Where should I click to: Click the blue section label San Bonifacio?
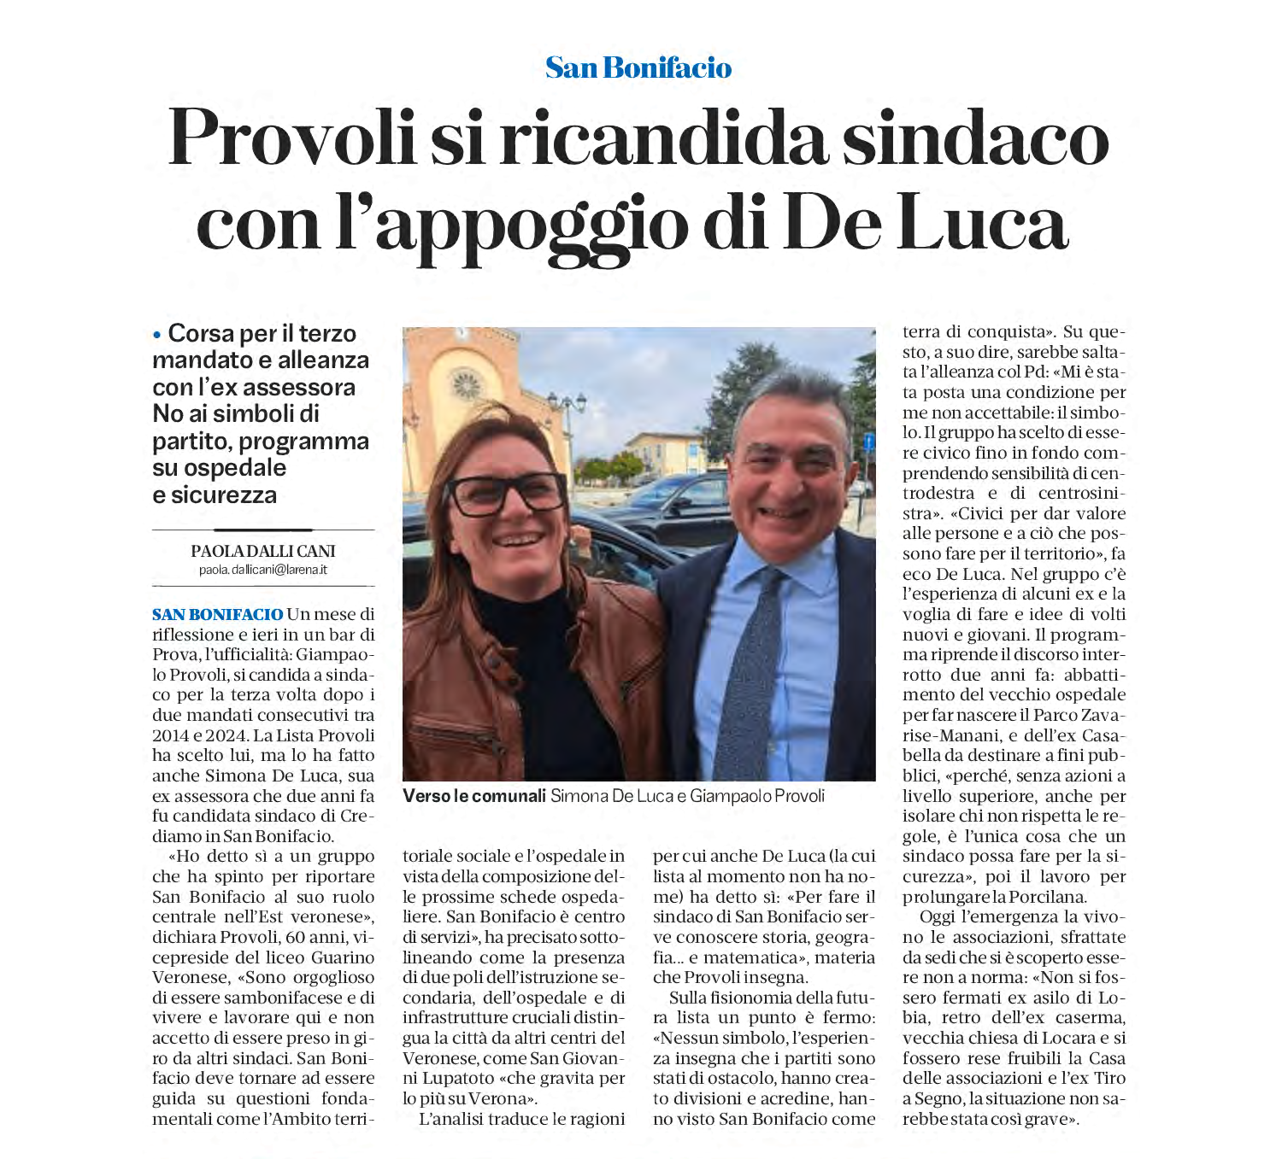[638, 67]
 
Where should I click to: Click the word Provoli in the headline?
[291, 138]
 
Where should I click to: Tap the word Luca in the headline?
[985, 225]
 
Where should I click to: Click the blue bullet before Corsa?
[157, 335]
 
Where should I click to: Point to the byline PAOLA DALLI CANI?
[263, 552]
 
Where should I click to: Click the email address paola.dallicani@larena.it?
[263, 570]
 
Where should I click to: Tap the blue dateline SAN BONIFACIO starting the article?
[217, 614]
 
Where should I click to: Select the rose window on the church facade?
[467, 384]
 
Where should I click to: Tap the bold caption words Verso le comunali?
[474, 796]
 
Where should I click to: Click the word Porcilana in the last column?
[1047, 897]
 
